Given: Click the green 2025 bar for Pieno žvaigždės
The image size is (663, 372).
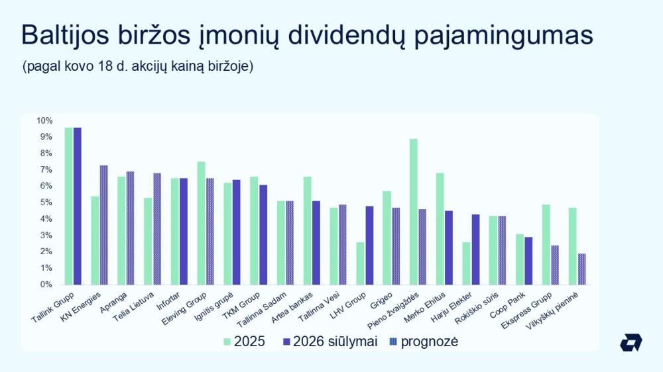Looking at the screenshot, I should (x=414, y=212).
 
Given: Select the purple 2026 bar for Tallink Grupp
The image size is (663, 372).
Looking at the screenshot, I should (x=78, y=206).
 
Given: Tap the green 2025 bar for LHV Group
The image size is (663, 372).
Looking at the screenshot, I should (x=360, y=263).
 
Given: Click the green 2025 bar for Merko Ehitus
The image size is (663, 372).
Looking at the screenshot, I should (x=440, y=229).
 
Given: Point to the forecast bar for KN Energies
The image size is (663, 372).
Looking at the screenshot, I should (x=104, y=225).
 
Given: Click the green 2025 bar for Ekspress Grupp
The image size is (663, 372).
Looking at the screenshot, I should (x=546, y=245).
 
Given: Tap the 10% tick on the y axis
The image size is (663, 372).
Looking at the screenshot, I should (x=44, y=120).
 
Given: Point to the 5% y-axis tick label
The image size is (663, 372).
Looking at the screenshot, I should (x=44, y=203).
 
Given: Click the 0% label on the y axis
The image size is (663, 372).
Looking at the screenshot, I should (x=44, y=285).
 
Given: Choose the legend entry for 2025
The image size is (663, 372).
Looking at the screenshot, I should (x=245, y=342).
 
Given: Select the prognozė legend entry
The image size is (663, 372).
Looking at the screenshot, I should (x=424, y=342).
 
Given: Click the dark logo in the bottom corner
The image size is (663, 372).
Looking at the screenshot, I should (x=631, y=342).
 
